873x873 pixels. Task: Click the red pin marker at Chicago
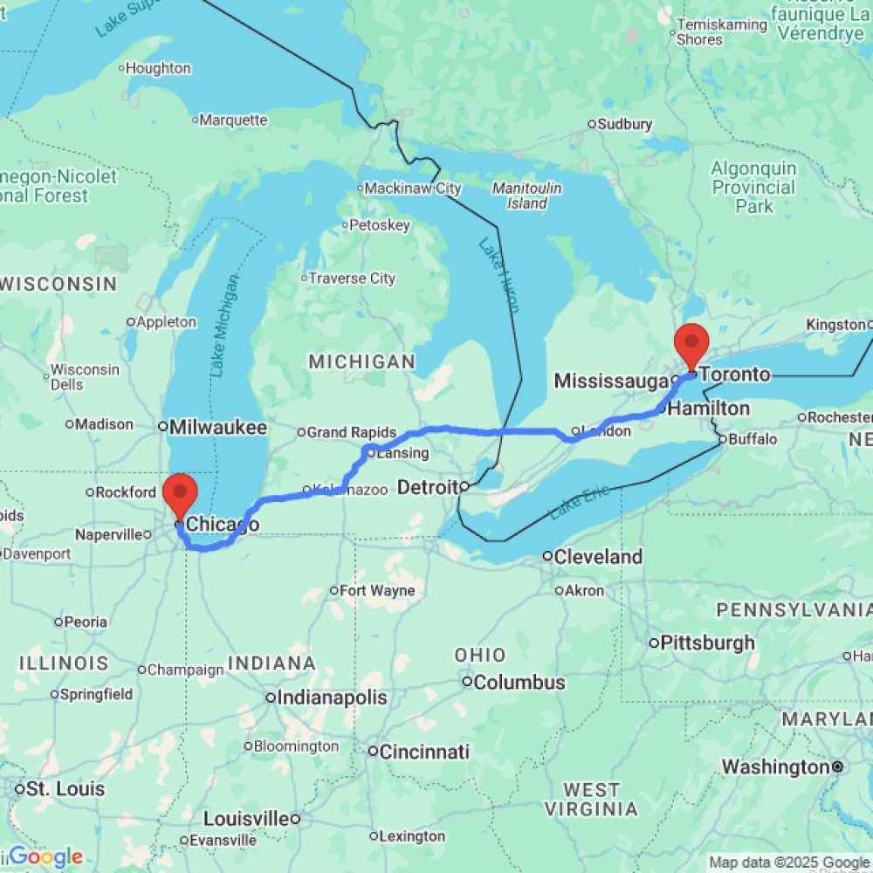[181, 497]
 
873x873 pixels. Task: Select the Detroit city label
[428, 487]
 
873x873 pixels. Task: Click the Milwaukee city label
[217, 427]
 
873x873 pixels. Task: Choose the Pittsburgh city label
[707, 643]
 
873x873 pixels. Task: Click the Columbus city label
[519, 682]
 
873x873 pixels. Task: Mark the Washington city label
[773, 767]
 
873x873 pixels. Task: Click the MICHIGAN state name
[361, 361]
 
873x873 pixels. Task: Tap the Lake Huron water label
[498, 276]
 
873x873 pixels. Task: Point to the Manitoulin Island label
[526, 196]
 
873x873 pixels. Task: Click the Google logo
[45, 857]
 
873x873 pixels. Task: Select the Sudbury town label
[626, 124]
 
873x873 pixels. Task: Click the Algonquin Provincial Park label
[753, 188]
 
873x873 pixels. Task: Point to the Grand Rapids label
[351, 432]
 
